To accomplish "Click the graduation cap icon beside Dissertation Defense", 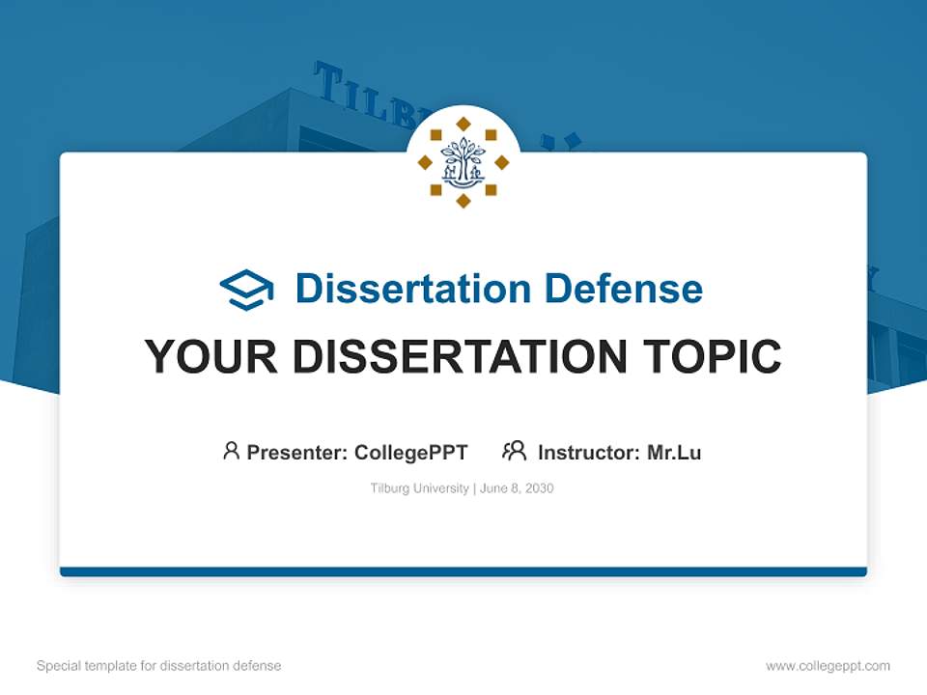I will click(x=246, y=290).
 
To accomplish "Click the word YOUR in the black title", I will click(x=211, y=357).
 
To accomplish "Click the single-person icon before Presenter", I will click(x=231, y=451).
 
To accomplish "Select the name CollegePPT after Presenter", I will click(x=411, y=452).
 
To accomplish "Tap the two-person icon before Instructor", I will click(x=514, y=451).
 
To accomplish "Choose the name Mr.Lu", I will click(x=674, y=452).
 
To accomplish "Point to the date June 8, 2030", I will click(x=517, y=488).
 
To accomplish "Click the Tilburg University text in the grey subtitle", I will click(x=419, y=488).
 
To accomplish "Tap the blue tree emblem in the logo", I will click(x=463, y=162).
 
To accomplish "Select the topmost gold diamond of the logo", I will click(x=463, y=124).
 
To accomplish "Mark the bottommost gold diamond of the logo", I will click(x=463, y=201).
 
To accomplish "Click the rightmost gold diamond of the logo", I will click(x=502, y=162).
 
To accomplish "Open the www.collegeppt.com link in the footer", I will click(x=828, y=666).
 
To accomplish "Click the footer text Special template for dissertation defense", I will click(x=158, y=666).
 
